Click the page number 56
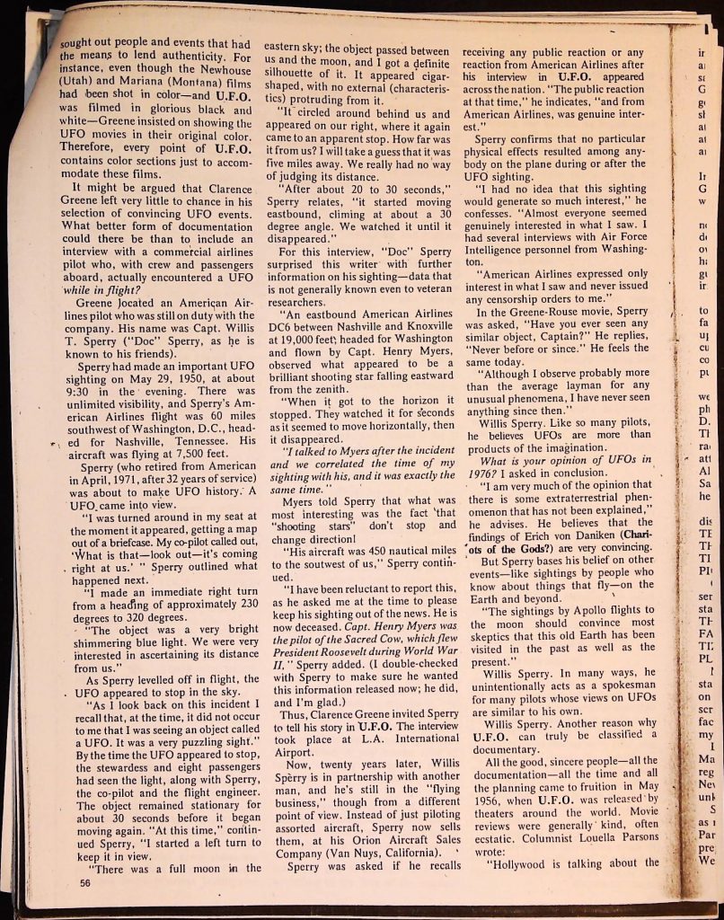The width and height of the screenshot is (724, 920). tap(86, 883)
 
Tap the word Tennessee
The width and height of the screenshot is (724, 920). tap(189, 429)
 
